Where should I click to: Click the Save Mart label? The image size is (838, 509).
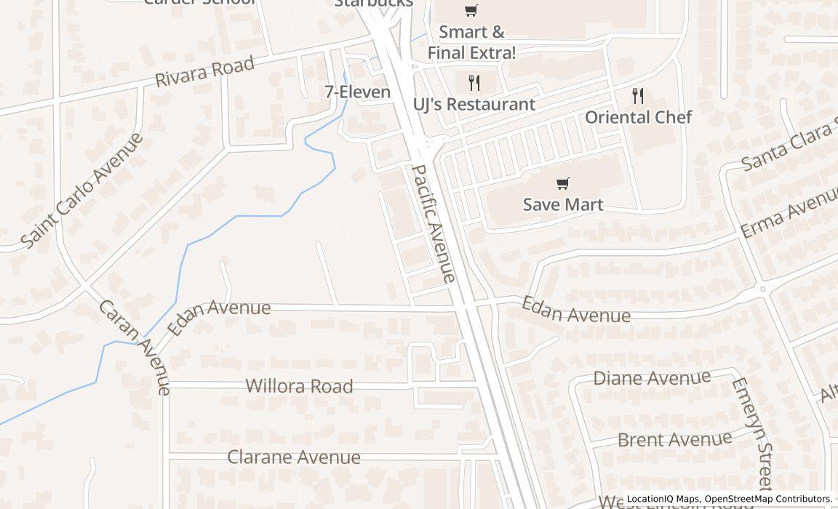click(563, 204)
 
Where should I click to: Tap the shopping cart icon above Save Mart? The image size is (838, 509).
click(562, 183)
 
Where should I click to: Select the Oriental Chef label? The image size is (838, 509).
click(638, 117)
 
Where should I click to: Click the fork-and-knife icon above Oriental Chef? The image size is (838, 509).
click(638, 95)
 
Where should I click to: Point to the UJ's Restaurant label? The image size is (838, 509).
click(474, 104)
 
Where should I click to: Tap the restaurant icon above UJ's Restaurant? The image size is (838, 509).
click(474, 82)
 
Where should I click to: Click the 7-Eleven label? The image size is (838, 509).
click(357, 92)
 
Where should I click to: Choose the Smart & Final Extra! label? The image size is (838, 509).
click(471, 42)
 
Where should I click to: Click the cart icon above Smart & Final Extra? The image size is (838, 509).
click(471, 10)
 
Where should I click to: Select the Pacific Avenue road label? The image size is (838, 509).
click(434, 223)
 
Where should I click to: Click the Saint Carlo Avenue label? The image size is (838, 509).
click(81, 191)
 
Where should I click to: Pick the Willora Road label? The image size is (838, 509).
click(299, 386)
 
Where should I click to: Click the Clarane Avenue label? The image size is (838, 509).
click(294, 457)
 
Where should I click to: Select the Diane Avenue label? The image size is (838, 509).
click(652, 378)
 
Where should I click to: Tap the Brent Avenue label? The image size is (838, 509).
click(674, 439)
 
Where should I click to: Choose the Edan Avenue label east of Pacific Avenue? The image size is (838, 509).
click(575, 310)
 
